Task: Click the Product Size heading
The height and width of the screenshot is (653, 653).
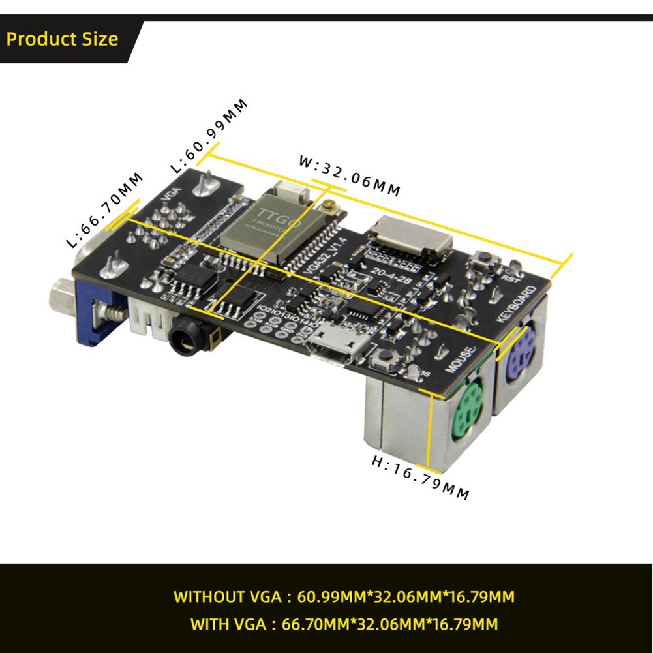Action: (x=62, y=39)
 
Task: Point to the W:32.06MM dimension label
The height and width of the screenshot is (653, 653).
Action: (x=349, y=175)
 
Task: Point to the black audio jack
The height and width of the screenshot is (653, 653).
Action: (x=185, y=339)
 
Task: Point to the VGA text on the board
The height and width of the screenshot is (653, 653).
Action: (x=170, y=195)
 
